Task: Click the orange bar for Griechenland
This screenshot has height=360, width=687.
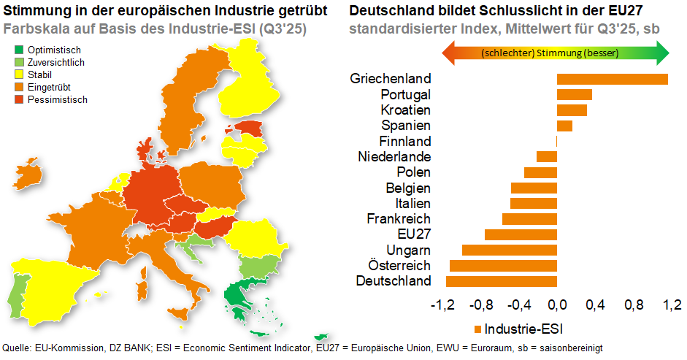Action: click(612, 79)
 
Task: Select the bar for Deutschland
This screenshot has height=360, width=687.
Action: click(502, 281)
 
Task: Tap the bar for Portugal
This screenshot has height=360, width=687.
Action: click(574, 94)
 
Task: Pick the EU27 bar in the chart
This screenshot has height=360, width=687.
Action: click(521, 234)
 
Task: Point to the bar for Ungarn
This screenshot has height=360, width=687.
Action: click(510, 250)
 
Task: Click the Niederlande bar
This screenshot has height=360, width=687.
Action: click(547, 156)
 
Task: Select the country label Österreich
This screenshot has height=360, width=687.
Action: click(399, 266)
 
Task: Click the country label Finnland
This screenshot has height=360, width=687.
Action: click(405, 141)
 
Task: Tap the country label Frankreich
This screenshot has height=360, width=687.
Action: click(399, 219)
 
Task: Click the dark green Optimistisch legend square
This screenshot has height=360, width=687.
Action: click(20, 50)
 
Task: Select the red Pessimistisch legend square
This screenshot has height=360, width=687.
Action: click(20, 100)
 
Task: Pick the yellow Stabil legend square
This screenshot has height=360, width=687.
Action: click(20, 75)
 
